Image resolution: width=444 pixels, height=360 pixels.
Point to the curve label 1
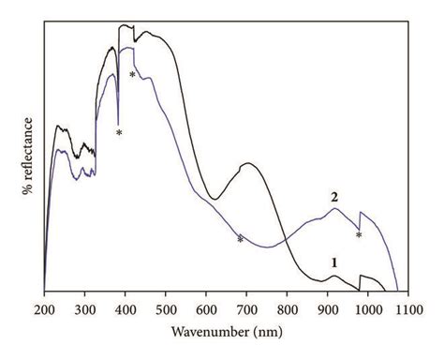tap(333, 263)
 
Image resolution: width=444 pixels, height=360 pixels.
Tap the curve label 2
tap(333, 197)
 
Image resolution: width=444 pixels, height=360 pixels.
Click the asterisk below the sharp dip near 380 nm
tap(119, 133)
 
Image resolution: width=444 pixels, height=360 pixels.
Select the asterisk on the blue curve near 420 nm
tap(133, 74)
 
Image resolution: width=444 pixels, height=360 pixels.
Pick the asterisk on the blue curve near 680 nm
tap(241, 239)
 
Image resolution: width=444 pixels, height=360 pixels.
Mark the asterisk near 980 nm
tap(359, 235)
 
